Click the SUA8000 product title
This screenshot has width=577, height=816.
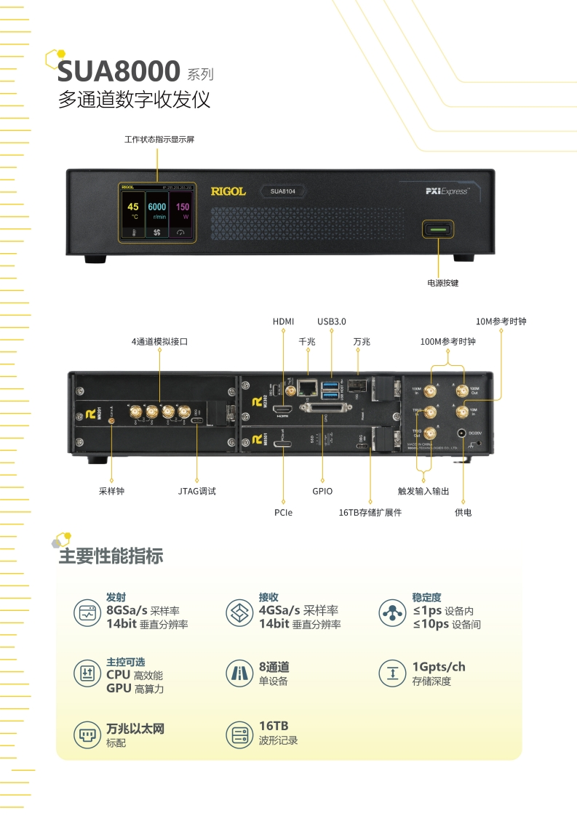point(119,71)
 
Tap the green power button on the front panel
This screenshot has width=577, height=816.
point(438,230)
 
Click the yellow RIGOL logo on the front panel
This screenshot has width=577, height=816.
point(228,191)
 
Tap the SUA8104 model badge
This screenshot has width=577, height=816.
point(282,191)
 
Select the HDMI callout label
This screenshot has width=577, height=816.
point(283,321)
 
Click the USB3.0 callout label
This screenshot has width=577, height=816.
point(332,321)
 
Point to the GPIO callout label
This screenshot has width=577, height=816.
point(322,491)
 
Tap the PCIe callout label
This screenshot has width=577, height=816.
point(284,513)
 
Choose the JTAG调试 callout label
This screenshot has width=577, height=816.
point(197,491)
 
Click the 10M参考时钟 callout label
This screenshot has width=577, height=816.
point(501,321)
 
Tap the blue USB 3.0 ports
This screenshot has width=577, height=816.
point(332,389)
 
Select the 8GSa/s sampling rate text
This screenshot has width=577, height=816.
point(127,610)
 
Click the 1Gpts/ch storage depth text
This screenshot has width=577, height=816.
point(439,667)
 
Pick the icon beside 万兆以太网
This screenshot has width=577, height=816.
point(85,735)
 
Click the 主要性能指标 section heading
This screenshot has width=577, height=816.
point(111,557)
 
